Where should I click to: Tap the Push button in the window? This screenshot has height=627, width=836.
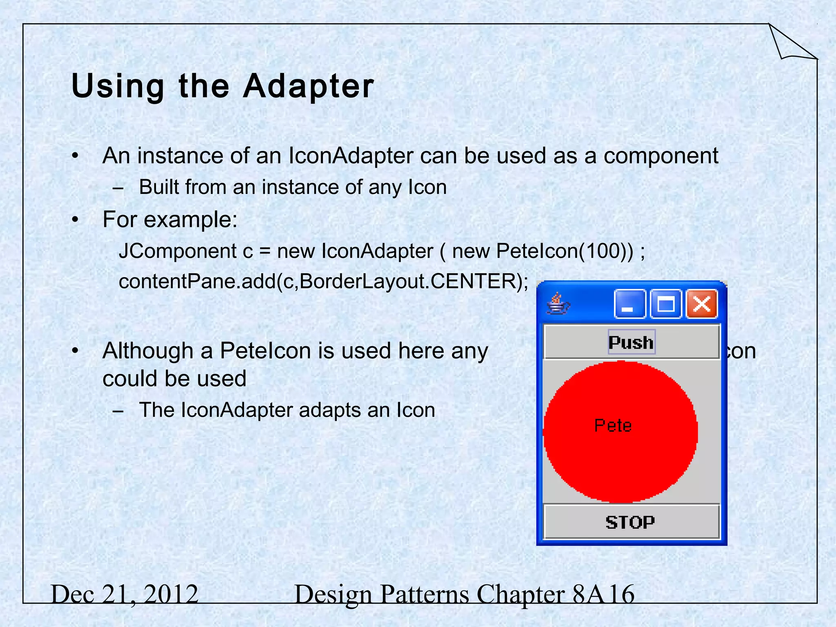(x=631, y=342)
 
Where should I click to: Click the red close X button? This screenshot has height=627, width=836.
(x=702, y=304)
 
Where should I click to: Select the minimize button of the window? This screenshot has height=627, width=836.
(x=629, y=304)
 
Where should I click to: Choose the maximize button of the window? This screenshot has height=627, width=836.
(x=666, y=304)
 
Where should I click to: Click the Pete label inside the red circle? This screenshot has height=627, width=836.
(x=613, y=426)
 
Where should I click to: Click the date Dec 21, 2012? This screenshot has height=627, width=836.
(x=125, y=594)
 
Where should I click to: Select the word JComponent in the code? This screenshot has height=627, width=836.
(x=178, y=251)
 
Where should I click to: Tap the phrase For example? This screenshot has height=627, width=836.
(x=170, y=220)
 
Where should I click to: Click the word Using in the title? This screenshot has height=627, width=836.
(x=117, y=87)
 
